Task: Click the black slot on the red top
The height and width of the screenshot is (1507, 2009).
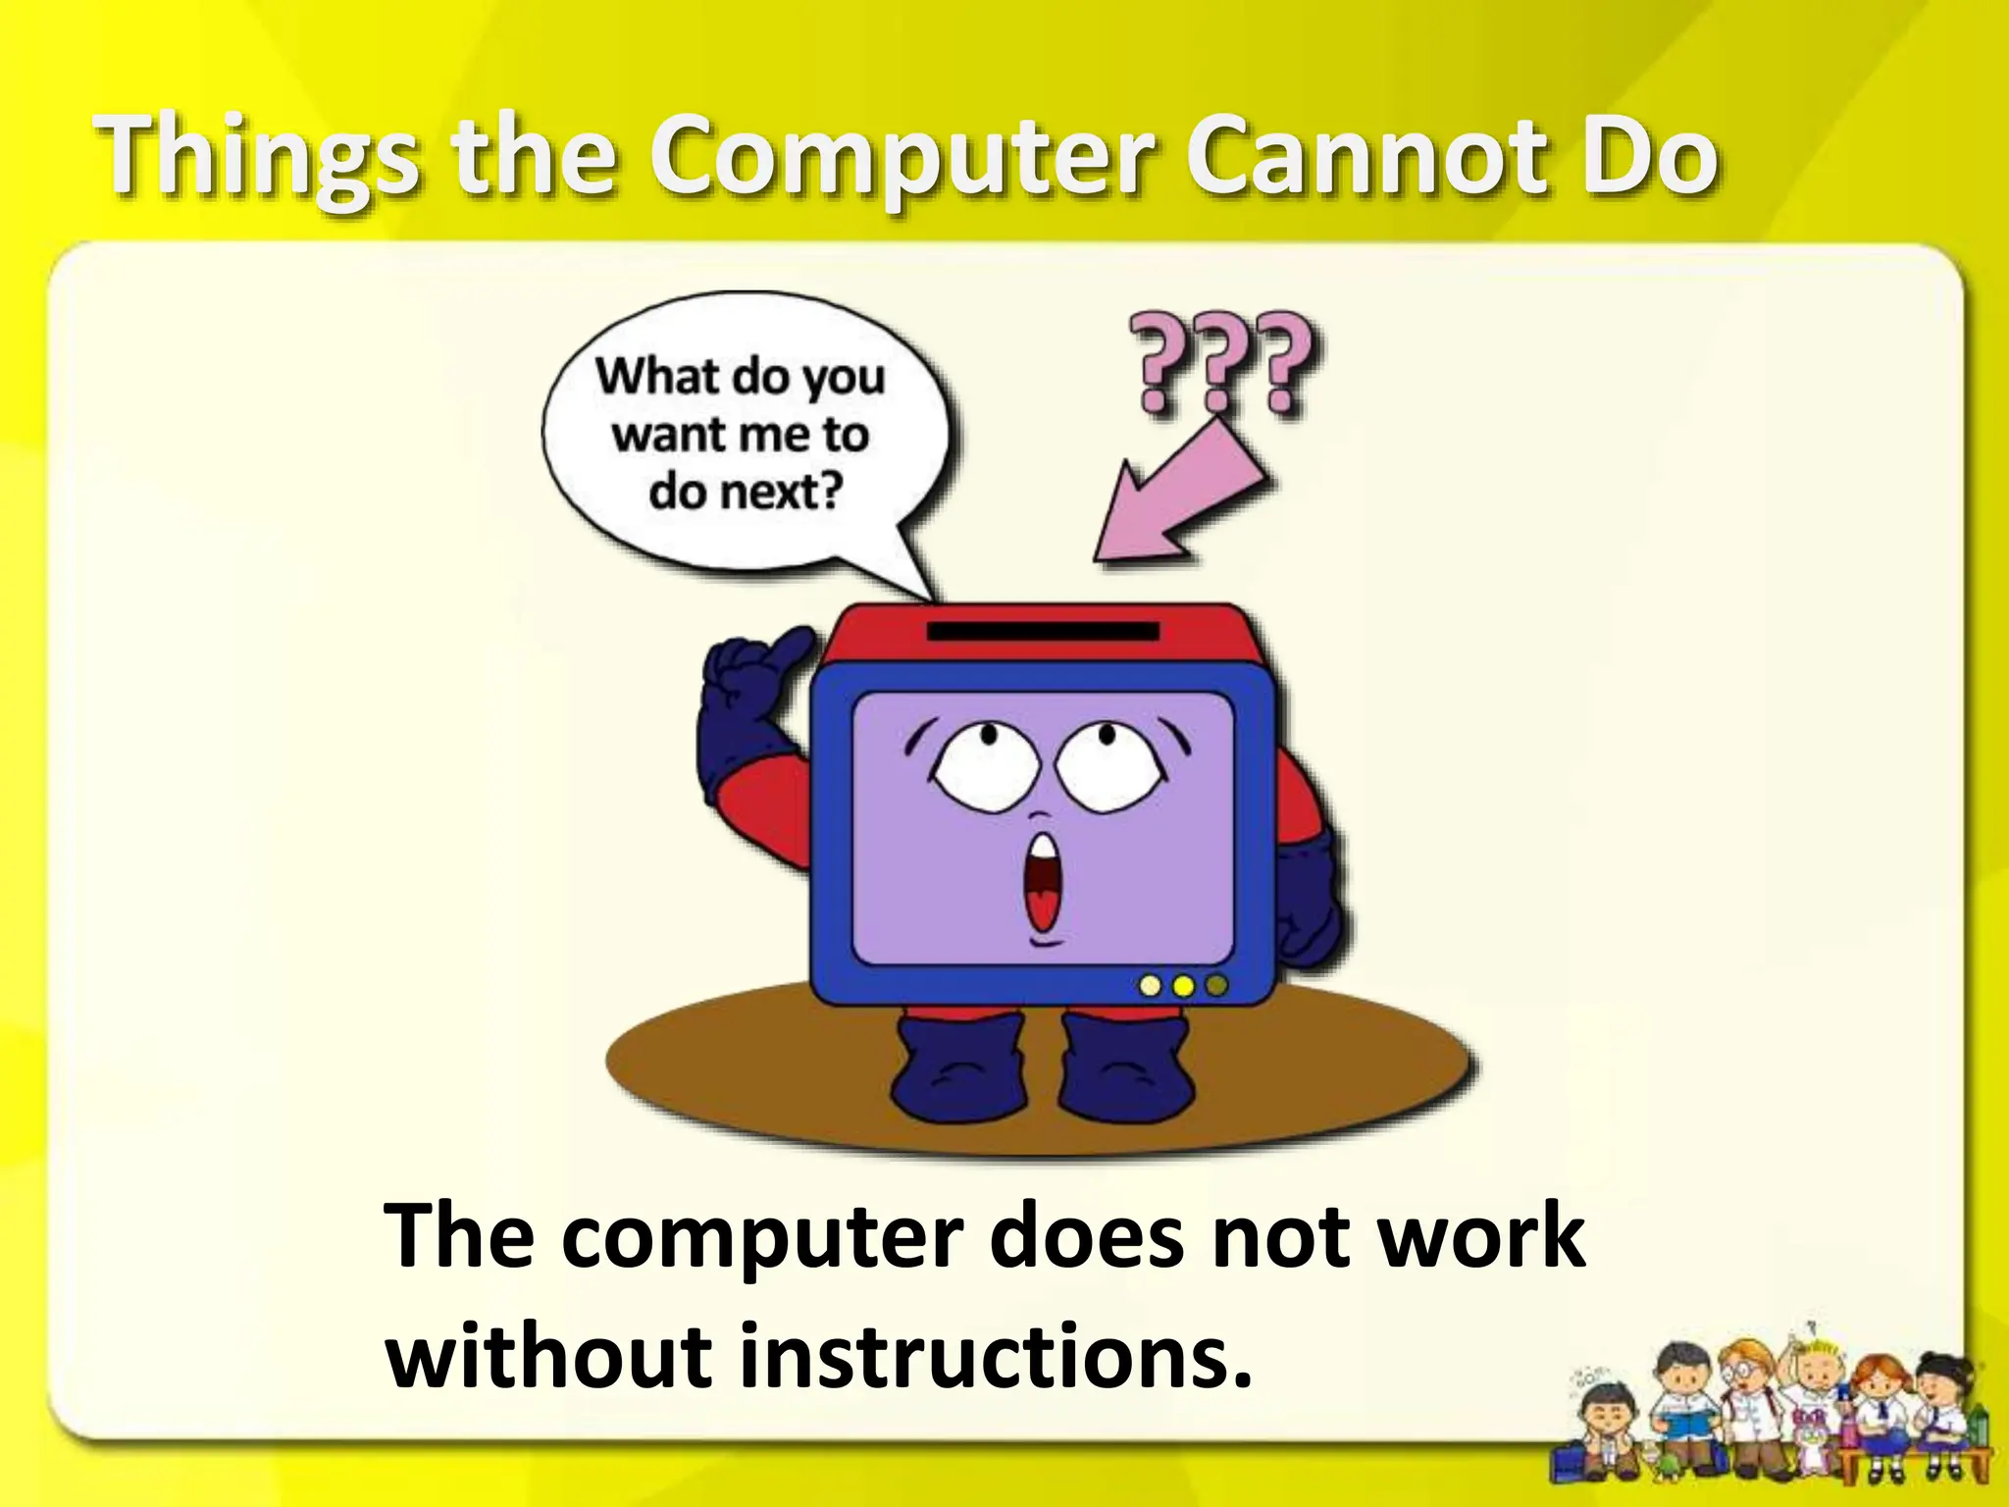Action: pyautogui.click(x=1043, y=632)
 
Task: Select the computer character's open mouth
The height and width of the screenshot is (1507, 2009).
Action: pyautogui.click(x=1042, y=883)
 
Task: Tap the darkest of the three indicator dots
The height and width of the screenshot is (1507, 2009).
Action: pyautogui.click(x=1216, y=985)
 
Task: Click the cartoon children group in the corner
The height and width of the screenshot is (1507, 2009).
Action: pyautogui.click(x=1776, y=1413)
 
